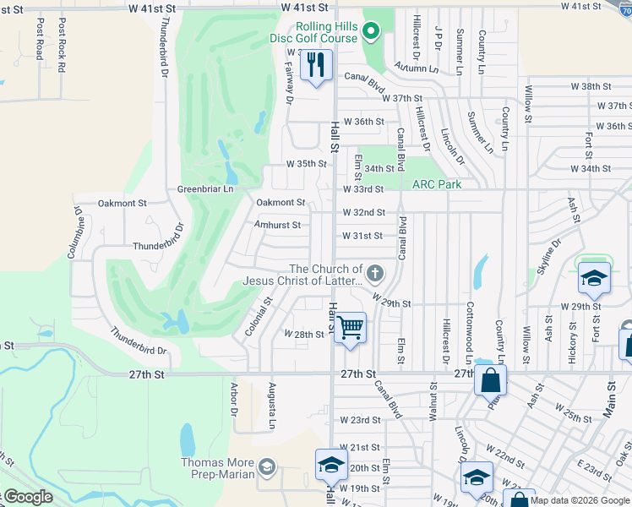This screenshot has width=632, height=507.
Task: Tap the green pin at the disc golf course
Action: pos(370,32)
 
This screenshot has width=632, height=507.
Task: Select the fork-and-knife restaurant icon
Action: pos(317,65)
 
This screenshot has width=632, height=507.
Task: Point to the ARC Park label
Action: pos(437,184)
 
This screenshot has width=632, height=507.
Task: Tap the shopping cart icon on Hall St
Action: pos(350,327)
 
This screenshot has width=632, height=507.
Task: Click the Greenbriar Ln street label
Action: pos(204,189)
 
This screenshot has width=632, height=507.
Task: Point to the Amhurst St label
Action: pos(277,226)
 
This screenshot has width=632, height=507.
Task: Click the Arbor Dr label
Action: pos(233,400)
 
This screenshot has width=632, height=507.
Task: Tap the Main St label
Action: pos(610,396)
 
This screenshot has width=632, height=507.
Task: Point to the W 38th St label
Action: pos(591,86)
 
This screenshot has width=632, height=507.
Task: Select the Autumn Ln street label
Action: pos(411,68)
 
